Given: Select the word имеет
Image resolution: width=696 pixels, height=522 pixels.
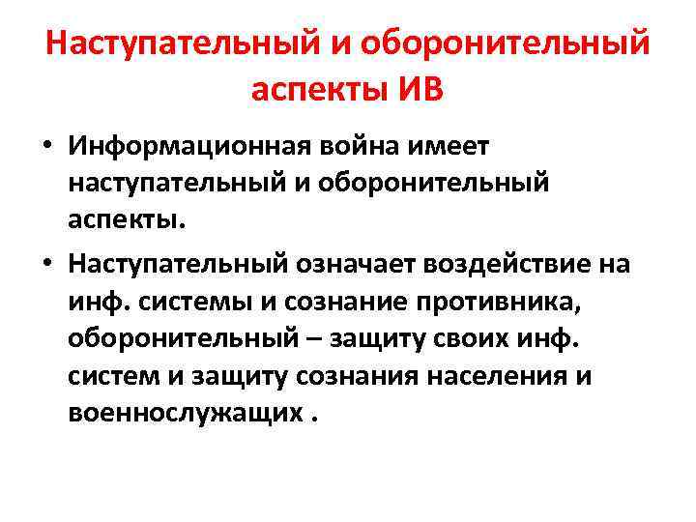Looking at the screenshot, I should tap(455, 146).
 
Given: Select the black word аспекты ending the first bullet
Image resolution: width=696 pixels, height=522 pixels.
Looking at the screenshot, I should tap(124, 218).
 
